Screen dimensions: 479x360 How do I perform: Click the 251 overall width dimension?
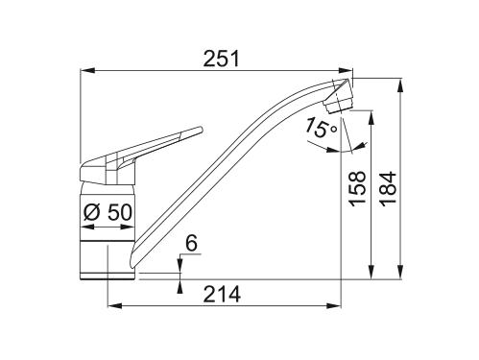[x=222, y=59]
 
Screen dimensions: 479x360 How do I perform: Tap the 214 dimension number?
[x=222, y=294]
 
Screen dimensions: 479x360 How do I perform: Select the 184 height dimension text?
[x=388, y=189]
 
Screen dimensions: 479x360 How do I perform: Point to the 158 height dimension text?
[x=357, y=189]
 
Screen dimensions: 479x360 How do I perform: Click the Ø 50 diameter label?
[x=108, y=212]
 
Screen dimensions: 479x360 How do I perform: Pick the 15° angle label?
[x=321, y=128]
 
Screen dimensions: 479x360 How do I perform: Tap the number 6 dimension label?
[x=191, y=244]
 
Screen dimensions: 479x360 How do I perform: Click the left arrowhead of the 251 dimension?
[x=87, y=70]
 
